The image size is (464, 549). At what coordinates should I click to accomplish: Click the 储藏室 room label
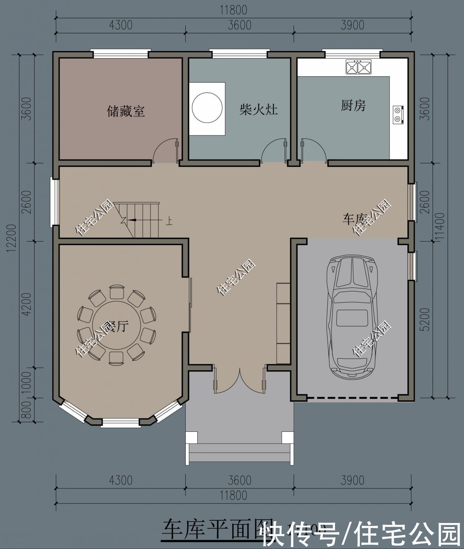(x=126, y=111)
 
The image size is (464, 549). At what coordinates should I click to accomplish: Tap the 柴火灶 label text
(x=258, y=109)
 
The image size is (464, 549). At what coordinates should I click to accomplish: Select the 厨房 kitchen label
(x=353, y=105)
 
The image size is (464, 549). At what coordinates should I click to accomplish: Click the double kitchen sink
(x=359, y=67)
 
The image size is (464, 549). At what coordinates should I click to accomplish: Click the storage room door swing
(x=165, y=151)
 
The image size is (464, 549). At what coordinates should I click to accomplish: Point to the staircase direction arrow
(x=132, y=220)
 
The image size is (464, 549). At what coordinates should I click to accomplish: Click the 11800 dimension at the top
(x=234, y=10)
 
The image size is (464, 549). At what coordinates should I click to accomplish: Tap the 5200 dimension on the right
(x=426, y=319)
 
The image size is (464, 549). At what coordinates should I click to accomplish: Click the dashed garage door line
(x=352, y=397)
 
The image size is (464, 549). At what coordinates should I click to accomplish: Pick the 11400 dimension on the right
(x=440, y=226)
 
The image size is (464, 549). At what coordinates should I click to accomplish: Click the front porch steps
(x=239, y=453)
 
